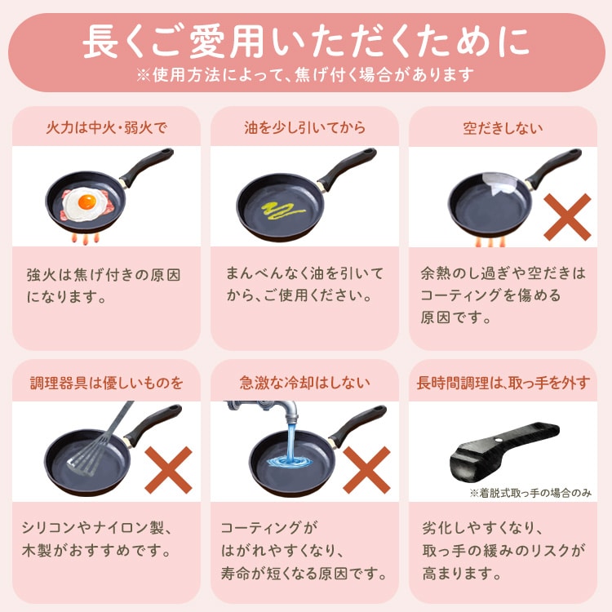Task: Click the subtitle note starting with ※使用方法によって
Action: pyautogui.click(x=305, y=75)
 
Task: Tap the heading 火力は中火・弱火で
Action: pyautogui.click(x=106, y=127)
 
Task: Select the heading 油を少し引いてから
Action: pyautogui.click(x=304, y=127)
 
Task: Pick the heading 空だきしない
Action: pyautogui.click(x=503, y=127)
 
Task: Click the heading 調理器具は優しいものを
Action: pyautogui.click(x=106, y=382)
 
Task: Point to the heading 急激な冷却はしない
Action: pyautogui.click(x=304, y=382)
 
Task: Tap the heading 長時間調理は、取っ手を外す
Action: pyautogui.click(x=503, y=382)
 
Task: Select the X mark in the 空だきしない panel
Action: pyautogui.click(x=567, y=215)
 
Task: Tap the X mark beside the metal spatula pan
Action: pyautogui.click(x=167, y=469)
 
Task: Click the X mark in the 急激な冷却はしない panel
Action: pyautogui.click(x=366, y=469)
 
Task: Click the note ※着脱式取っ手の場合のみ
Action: pyautogui.click(x=530, y=493)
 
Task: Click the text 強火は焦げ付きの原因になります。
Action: pyautogui.click(x=103, y=284)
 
